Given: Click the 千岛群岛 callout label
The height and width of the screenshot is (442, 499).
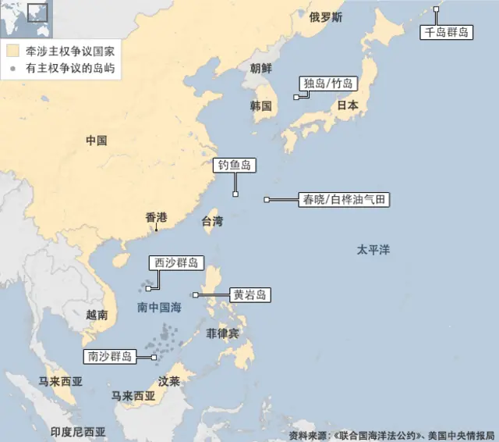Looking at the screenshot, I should point(447,32).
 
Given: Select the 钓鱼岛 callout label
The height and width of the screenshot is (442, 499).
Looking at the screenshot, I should point(235,166).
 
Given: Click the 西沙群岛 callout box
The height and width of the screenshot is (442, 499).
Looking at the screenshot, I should point(175,263).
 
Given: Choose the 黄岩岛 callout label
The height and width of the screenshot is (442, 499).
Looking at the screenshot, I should point(249,294).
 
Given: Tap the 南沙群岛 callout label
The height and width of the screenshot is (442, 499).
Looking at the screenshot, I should point(109,357).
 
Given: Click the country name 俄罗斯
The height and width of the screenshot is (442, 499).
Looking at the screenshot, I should point(325,17).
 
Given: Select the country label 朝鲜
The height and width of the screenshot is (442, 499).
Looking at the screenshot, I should point(261,67).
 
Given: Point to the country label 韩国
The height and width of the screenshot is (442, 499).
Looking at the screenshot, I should point(261,105).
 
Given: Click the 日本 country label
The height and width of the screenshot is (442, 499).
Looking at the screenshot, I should point(347,105).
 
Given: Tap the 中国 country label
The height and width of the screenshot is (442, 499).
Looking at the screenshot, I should point(96,141).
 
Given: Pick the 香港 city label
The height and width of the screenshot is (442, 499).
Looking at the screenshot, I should point(156,217).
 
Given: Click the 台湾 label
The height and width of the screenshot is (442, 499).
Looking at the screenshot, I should point(212,221).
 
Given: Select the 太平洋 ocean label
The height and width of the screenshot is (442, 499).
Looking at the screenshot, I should point(373,250).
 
